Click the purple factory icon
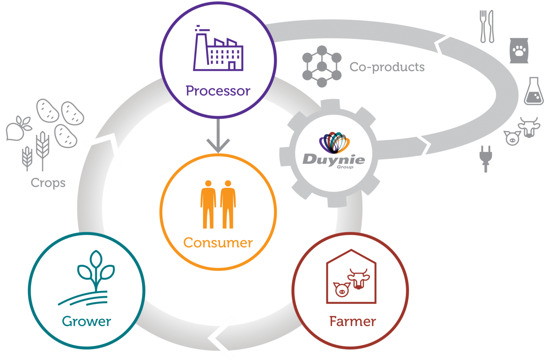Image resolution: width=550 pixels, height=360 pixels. [218, 48]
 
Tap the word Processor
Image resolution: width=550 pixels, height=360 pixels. [218, 91]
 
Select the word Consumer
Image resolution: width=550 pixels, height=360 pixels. [218, 243]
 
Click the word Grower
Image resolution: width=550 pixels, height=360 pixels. [87, 321]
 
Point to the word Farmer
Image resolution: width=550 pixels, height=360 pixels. [353, 321]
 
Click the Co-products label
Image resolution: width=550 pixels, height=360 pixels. [387, 67]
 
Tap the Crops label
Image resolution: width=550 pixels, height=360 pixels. [48, 183]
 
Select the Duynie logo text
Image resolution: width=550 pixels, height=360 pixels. [334, 160]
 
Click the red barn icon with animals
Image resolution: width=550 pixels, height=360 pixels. [351, 276]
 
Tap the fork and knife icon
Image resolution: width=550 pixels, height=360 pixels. [487, 26]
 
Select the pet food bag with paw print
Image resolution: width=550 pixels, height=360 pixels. [519, 51]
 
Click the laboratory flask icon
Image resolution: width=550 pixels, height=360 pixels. [534, 91]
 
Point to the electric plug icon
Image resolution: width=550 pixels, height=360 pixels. [486, 159]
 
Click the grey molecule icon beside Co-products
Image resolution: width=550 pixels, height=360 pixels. [322, 66]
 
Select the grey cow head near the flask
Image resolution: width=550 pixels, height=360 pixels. [529, 127]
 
